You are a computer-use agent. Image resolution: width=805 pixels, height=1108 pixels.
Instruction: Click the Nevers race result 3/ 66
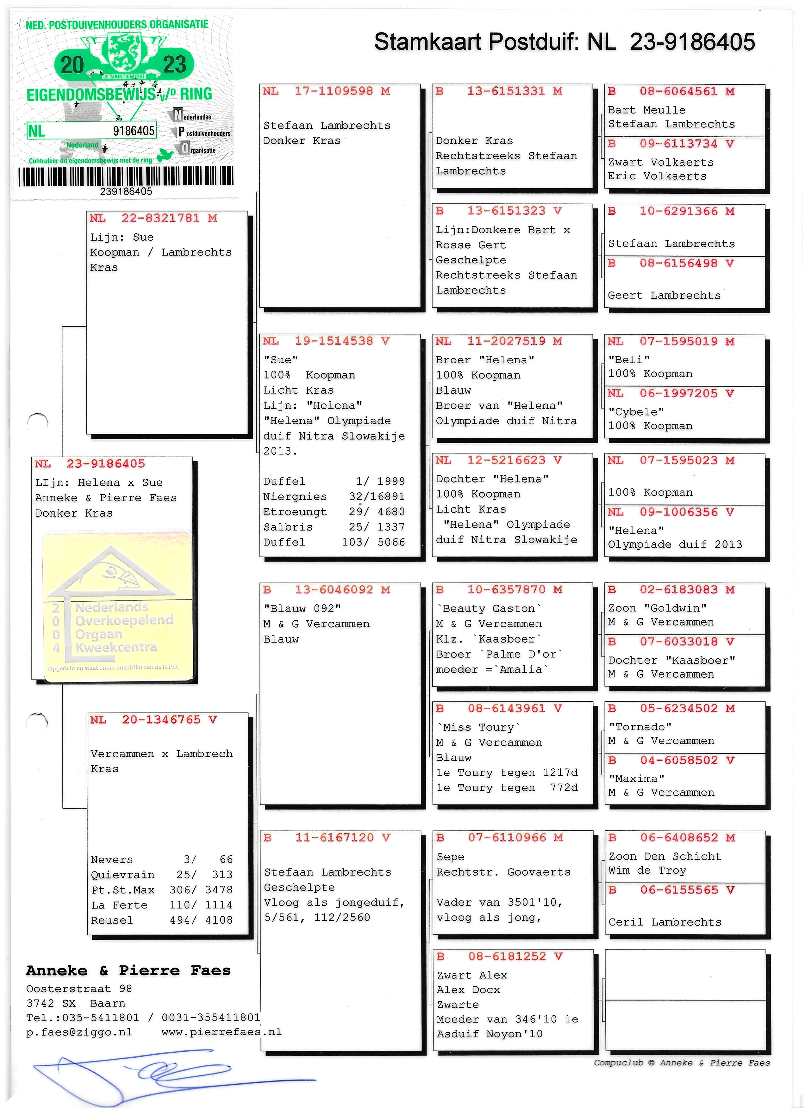(x=161, y=859)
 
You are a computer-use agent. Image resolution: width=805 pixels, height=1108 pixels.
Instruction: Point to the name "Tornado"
(x=640, y=727)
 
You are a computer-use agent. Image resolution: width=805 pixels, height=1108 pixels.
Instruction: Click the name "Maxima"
(x=636, y=779)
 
